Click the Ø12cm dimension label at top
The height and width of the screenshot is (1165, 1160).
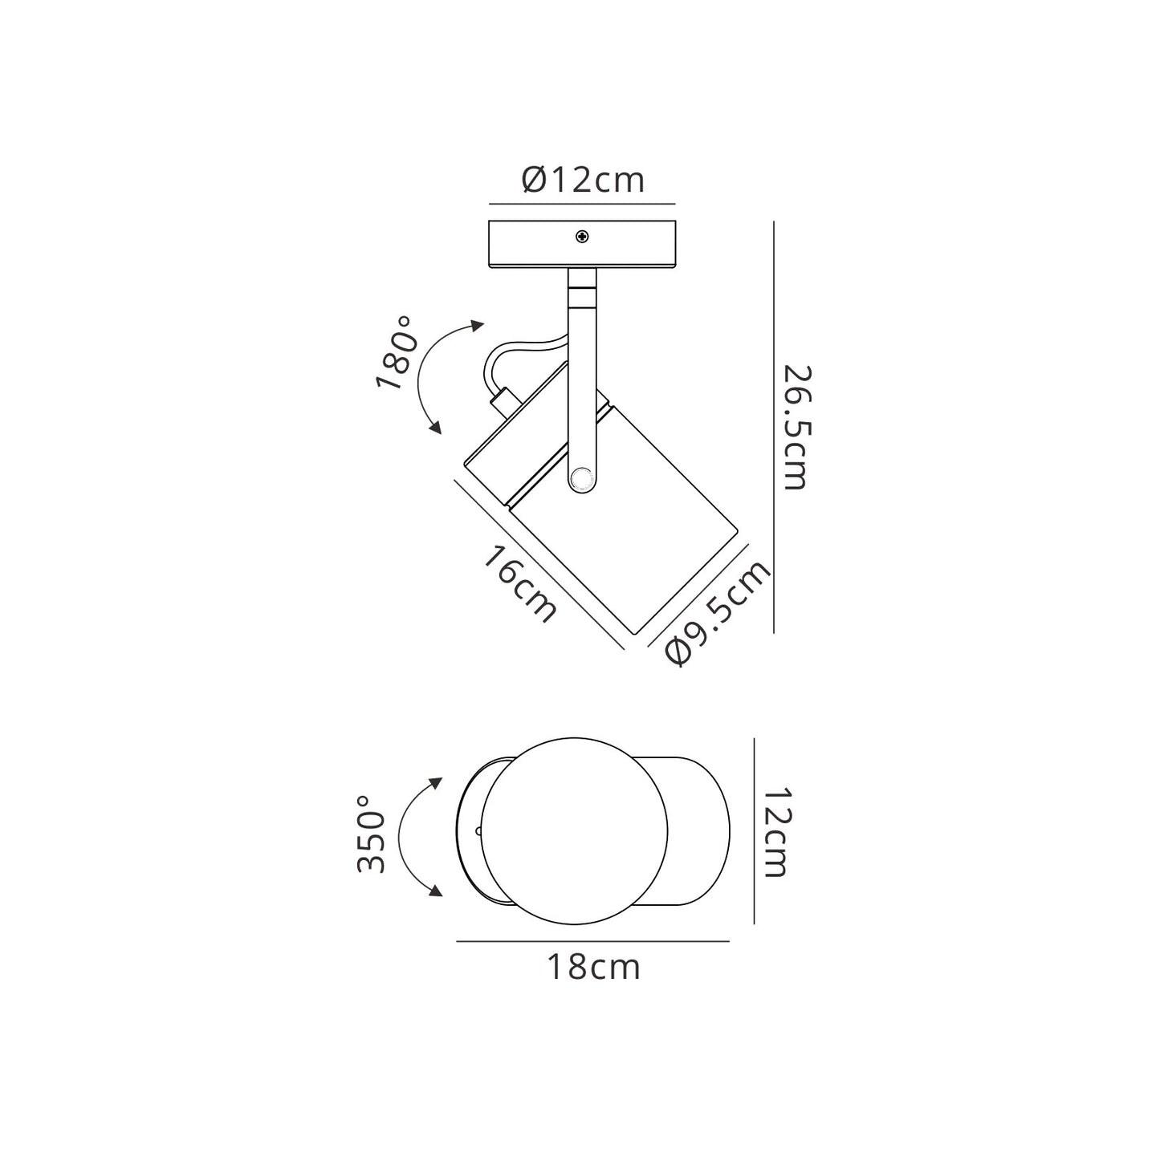point(583,180)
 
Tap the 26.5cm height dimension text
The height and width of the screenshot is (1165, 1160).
point(795,428)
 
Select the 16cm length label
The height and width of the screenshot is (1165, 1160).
point(519,583)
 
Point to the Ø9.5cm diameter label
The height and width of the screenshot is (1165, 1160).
point(718,612)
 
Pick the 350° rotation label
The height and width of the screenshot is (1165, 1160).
point(371,834)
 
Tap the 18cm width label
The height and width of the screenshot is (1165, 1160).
point(593,967)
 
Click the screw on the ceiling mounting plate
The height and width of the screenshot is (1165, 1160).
point(581,237)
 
